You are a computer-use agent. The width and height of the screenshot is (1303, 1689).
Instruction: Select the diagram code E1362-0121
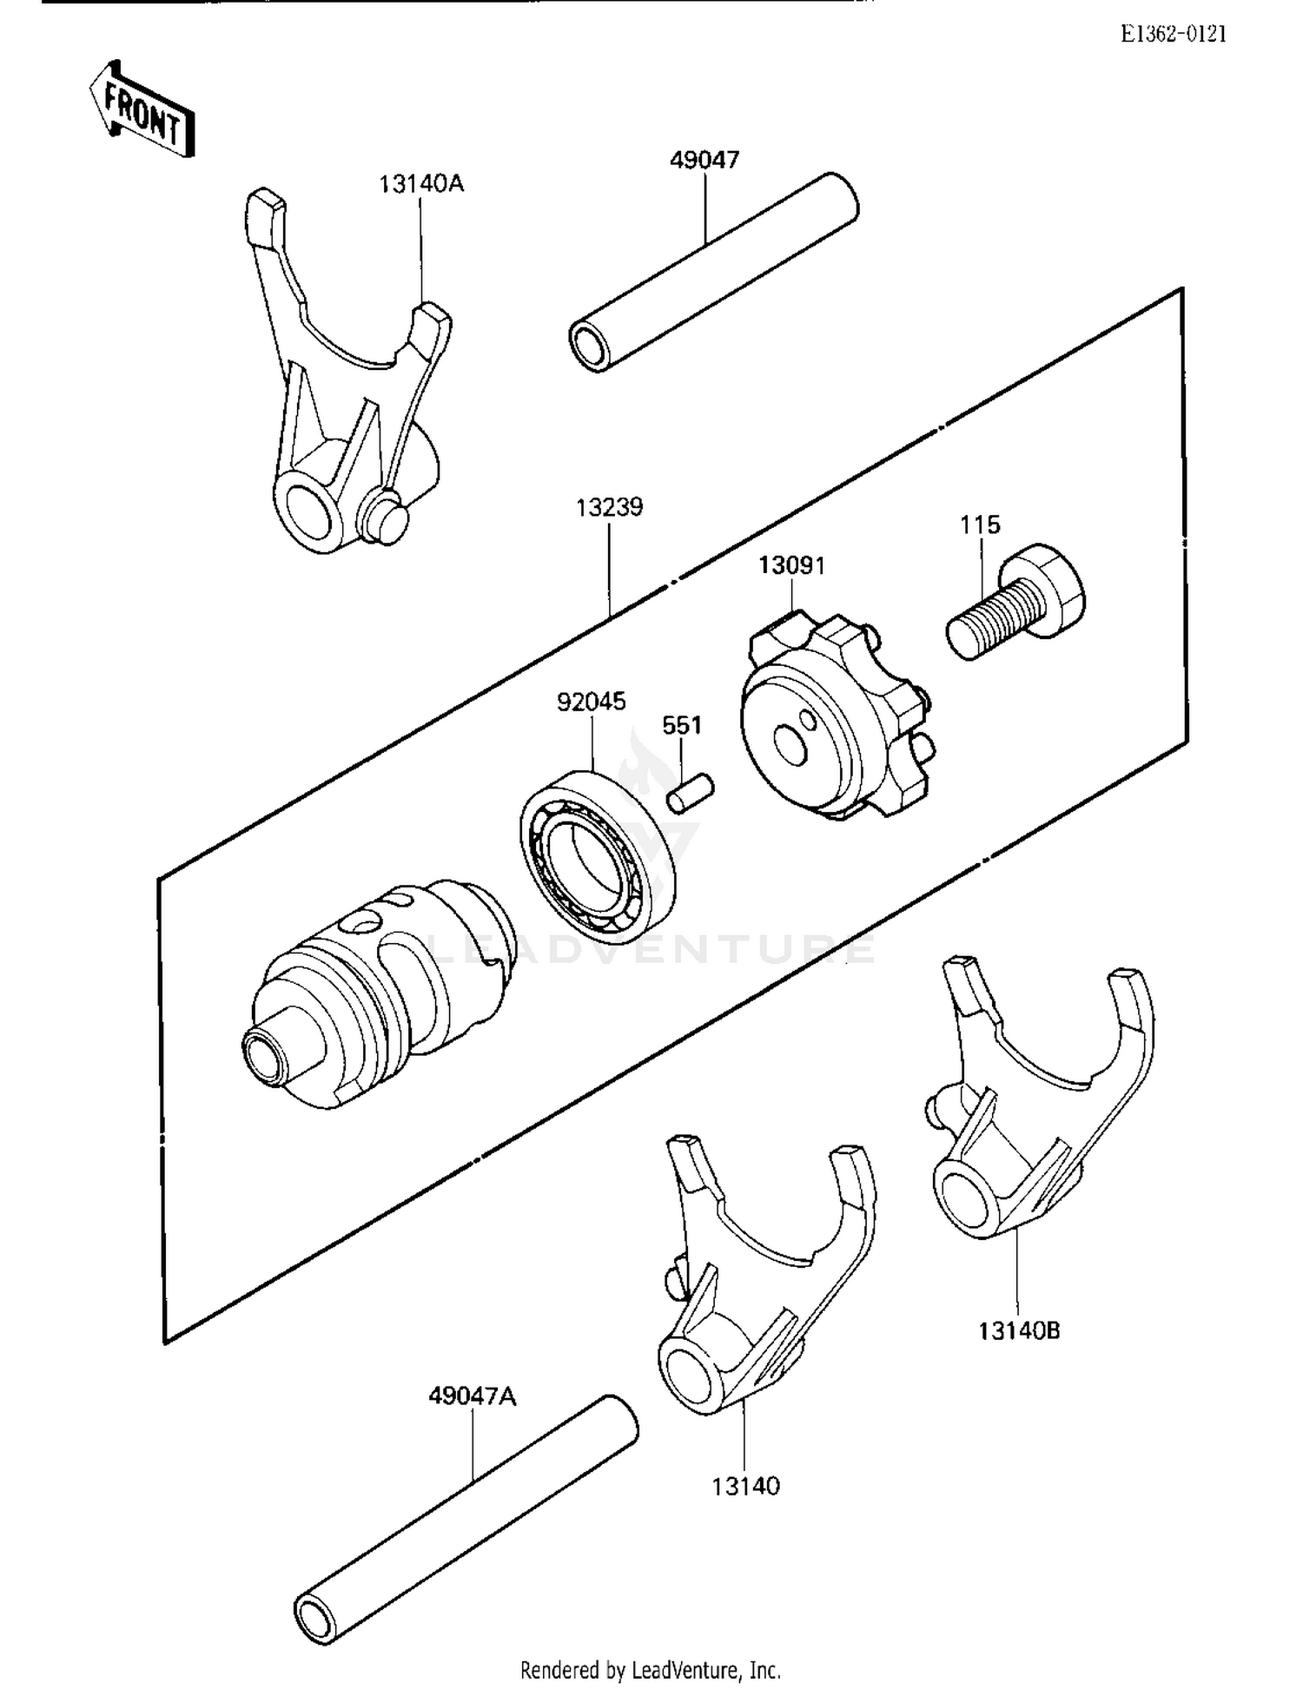coord(1173,35)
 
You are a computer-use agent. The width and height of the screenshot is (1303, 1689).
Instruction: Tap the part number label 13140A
coord(420,184)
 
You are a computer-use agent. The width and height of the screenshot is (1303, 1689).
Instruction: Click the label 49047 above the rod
coord(704,160)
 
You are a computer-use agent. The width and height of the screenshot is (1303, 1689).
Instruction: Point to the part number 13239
coord(609,507)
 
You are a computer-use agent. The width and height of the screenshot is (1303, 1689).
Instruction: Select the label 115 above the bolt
coord(979,525)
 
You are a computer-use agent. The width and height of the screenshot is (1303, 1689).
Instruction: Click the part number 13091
coord(791,565)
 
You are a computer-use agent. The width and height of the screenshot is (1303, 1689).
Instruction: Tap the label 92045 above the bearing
coord(591,702)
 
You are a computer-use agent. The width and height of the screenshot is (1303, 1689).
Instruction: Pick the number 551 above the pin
coord(682,725)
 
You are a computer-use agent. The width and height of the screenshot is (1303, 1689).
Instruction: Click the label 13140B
coord(1019,1331)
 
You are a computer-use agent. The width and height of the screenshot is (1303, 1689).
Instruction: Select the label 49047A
coord(472,1396)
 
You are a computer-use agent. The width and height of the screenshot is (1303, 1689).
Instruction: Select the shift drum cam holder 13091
coord(834,721)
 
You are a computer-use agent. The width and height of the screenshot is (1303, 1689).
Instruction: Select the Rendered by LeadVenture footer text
coord(650,1670)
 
